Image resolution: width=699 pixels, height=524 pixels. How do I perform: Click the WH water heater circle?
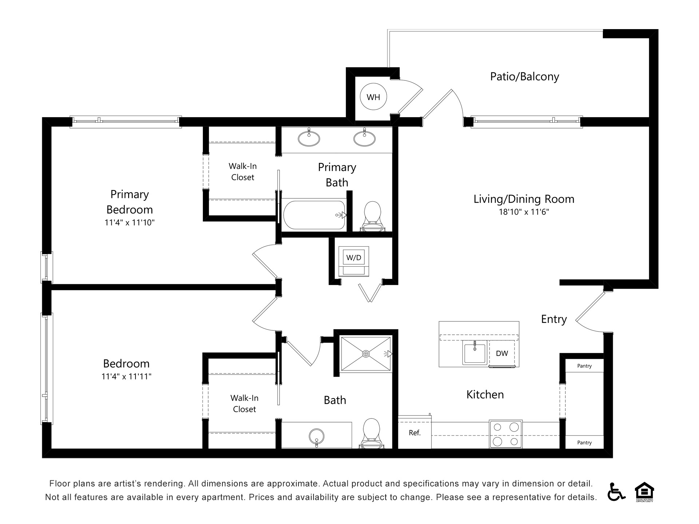pyautogui.click(x=373, y=97)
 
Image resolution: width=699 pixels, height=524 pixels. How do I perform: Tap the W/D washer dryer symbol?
pyautogui.click(x=354, y=258)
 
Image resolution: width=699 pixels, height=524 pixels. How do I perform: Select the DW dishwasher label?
pyautogui.click(x=502, y=353)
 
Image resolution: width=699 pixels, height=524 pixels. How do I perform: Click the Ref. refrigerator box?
pyautogui.click(x=415, y=433)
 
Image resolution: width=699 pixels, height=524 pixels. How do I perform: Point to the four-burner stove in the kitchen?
pyautogui.click(x=506, y=434)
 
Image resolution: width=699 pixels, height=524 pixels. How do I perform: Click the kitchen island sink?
pyautogui.click(x=474, y=352)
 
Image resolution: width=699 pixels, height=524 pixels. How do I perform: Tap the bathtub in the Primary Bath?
pyautogui.click(x=314, y=215)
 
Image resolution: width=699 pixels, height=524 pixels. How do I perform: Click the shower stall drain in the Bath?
pyautogui.click(x=366, y=354)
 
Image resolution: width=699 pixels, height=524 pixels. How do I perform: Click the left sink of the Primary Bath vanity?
pyautogui.click(x=309, y=138)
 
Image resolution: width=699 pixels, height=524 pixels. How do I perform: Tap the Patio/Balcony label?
pyautogui.click(x=524, y=77)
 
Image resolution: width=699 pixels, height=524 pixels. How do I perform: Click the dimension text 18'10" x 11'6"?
pyautogui.click(x=524, y=212)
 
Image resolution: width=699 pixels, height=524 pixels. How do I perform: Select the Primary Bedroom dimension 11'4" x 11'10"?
pyautogui.click(x=129, y=223)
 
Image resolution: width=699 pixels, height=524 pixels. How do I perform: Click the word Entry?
pyautogui.click(x=554, y=319)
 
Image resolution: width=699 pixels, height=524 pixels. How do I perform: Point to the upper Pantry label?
pyautogui.click(x=584, y=366)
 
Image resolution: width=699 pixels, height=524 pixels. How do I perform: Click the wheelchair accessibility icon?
pyautogui.click(x=616, y=492)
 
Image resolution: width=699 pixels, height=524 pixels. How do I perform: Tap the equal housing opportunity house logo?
pyautogui.click(x=644, y=491)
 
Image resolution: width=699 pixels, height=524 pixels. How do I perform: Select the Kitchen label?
pyautogui.click(x=485, y=395)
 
